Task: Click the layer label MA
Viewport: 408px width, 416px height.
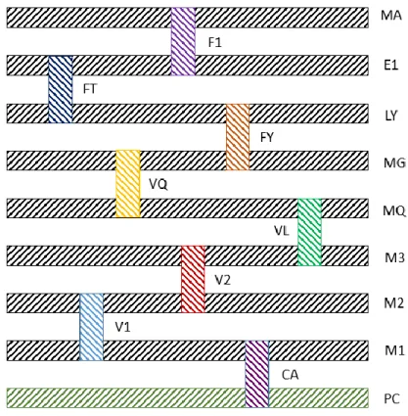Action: (x=391, y=16)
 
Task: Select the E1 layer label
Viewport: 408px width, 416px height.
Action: (x=391, y=66)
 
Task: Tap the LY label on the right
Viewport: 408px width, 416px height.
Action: (x=391, y=116)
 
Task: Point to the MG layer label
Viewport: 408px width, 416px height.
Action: (x=394, y=162)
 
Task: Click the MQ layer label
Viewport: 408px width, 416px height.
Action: (x=394, y=210)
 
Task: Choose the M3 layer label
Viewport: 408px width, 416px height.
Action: (x=394, y=257)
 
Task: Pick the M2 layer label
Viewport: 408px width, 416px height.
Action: (x=394, y=303)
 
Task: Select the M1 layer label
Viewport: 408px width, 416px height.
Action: (x=394, y=350)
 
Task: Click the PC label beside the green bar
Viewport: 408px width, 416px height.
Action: (x=391, y=398)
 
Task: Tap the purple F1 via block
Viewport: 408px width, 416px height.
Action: (x=183, y=41)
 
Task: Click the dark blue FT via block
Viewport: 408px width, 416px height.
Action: (x=61, y=89)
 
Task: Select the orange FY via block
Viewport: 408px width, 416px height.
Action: (x=238, y=137)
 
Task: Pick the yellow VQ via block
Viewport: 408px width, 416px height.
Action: (x=128, y=184)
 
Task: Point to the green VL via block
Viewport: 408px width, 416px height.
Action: (x=309, y=232)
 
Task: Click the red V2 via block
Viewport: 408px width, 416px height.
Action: (x=193, y=279)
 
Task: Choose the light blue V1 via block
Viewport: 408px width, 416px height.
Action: (x=91, y=327)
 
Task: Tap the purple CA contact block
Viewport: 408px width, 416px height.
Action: (x=257, y=374)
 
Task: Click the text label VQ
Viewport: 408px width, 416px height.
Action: (x=159, y=185)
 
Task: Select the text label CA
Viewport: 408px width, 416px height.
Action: (x=291, y=375)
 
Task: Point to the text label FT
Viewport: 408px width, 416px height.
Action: (x=90, y=89)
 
